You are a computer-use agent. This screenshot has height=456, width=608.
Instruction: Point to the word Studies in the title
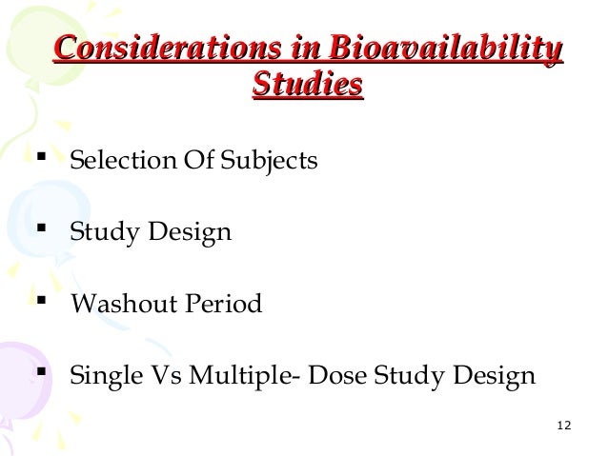click(307, 86)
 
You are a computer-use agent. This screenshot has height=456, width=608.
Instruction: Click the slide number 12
click(562, 423)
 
